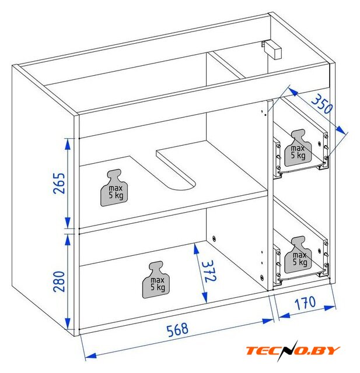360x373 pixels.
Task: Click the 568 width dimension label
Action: [x=177, y=329]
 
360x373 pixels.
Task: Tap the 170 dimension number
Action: [x=305, y=303]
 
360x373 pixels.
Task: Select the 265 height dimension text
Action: [x=59, y=183]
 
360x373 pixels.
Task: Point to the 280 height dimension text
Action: [x=59, y=281]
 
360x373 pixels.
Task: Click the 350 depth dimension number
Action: [x=322, y=104]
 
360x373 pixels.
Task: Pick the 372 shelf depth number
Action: [x=209, y=271]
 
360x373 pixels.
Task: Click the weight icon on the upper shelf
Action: [x=114, y=188]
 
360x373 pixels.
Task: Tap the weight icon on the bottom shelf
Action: [x=156, y=280]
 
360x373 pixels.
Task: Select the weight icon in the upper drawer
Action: [x=298, y=147]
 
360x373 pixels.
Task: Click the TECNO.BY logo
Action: [x=293, y=350]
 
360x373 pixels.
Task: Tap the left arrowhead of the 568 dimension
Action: [x=90, y=356]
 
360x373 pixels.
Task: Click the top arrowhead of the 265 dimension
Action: [x=68, y=144]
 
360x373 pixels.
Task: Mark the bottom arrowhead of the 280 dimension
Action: [x=68, y=323]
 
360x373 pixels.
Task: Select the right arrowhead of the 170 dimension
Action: [x=330, y=308]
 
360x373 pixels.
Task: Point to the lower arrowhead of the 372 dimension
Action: [x=204, y=298]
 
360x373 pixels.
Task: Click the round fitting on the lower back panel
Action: [x=214, y=238]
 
